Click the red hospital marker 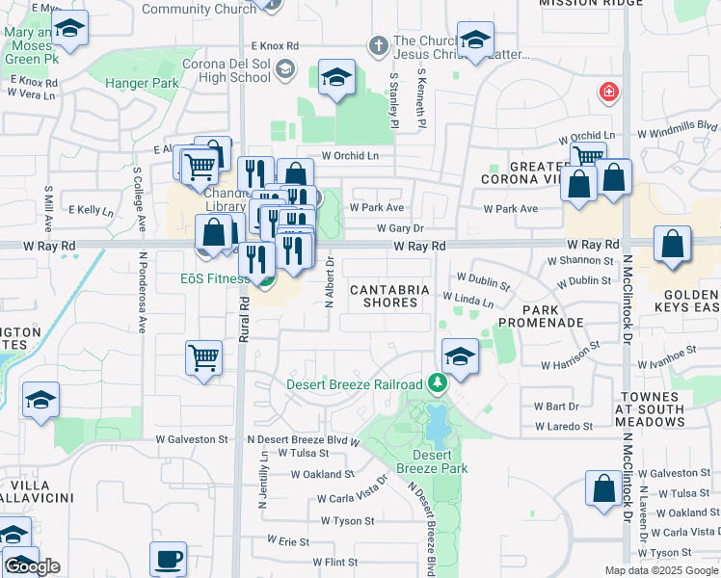click(x=608, y=92)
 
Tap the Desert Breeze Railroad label click(x=355, y=384)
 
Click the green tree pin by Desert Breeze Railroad click(x=438, y=384)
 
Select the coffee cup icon click(x=169, y=559)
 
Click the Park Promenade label click(x=554, y=315)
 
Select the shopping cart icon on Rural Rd click(x=204, y=357)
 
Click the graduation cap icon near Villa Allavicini click(x=40, y=401)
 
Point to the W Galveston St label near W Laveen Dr click(x=677, y=473)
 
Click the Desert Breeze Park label click(x=440, y=461)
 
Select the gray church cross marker click(x=378, y=44)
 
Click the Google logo click(x=33, y=566)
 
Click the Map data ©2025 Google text click(x=660, y=570)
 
